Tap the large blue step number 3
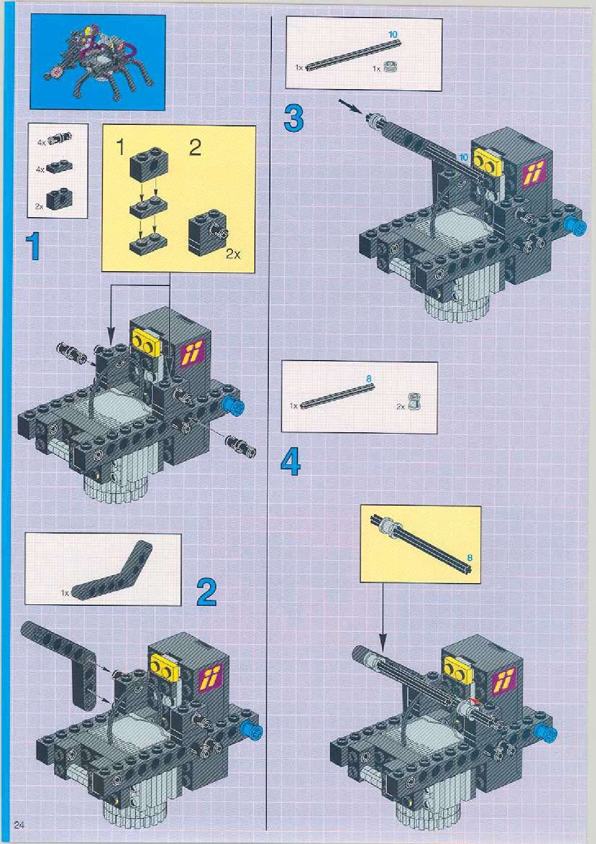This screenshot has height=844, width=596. (293, 118)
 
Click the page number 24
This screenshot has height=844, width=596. (20, 825)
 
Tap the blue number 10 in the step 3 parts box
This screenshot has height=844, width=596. (392, 34)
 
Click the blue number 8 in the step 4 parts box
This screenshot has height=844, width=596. (369, 379)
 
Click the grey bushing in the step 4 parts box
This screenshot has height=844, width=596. (413, 403)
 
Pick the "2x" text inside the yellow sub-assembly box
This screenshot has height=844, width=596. (232, 255)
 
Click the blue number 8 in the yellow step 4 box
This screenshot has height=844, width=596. (470, 557)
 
